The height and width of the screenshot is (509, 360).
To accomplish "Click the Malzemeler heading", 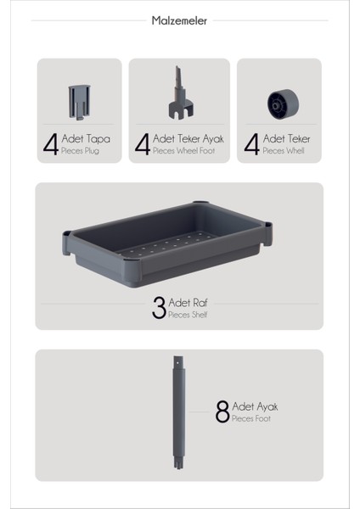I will pyautogui.click(x=179, y=20).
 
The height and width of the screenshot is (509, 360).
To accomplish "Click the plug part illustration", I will pyautogui.click(x=76, y=102).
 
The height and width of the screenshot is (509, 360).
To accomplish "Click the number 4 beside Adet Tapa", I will pyautogui.click(x=50, y=144).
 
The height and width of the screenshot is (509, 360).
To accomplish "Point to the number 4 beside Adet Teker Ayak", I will pyautogui.click(x=142, y=144).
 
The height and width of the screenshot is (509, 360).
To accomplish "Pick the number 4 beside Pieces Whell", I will pyautogui.click(x=251, y=144).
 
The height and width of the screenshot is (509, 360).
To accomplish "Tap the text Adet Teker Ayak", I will pyautogui.click(x=188, y=138).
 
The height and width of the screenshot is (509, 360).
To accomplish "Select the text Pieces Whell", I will pyautogui.click(x=284, y=151).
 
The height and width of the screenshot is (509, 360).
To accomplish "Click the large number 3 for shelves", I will pyautogui.click(x=159, y=308).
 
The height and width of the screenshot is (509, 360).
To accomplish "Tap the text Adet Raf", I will pyautogui.click(x=187, y=303).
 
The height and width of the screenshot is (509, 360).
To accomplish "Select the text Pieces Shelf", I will pyautogui.click(x=188, y=316).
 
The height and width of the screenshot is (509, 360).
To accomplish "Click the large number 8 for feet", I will pyautogui.click(x=222, y=413).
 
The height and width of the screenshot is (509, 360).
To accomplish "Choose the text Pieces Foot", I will pyautogui.click(x=251, y=419).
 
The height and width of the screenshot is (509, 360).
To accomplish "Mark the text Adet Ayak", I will pyautogui.click(x=255, y=406).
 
